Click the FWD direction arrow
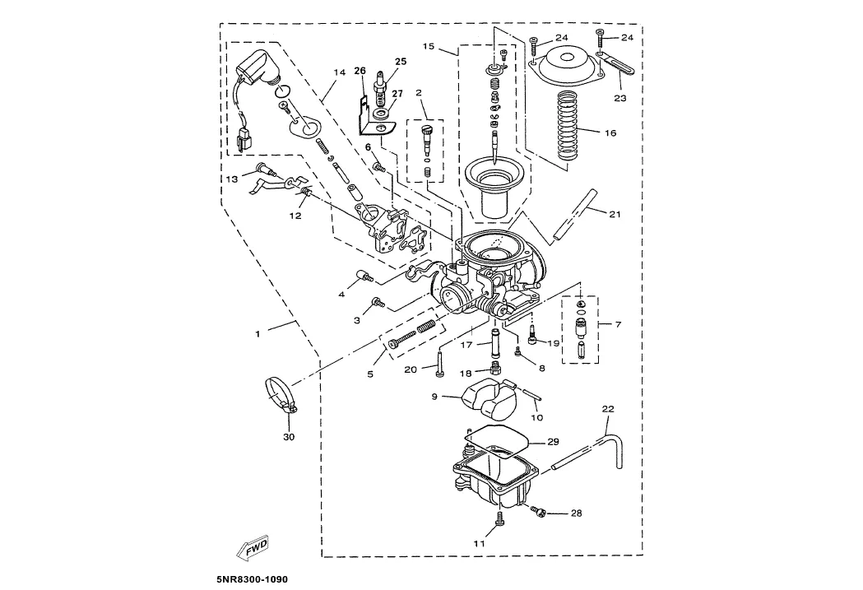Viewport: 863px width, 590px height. pyautogui.click(x=252, y=547)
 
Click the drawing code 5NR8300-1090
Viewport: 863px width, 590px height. pyautogui.click(x=252, y=579)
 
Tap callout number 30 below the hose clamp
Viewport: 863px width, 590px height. pyautogui.click(x=289, y=437)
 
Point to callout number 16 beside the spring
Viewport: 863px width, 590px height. pyautogui.click(x=610, y=132)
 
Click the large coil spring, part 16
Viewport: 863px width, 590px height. pyautogui.click(x=569, y=125)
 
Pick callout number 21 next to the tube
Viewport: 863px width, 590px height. pyautogui.click(x=615, y=214)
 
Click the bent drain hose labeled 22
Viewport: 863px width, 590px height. pyautogui.click(x=590, y=451)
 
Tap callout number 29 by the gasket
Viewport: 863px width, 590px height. pyautogui.click(x=553, y=442)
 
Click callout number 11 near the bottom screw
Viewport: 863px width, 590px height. pyautogui.click(x=480, y=543)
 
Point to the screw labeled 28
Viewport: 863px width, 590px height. pyautogui.click(x=537, y=512)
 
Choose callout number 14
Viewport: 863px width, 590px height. pyautogui.click(x=339, y=72)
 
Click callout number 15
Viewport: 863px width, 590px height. pyautogui.click(x=429, y=46)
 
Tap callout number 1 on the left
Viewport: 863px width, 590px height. pyautogui.click(x=257, y=333)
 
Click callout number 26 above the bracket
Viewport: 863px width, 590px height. pyautogui.click(x=360, y=71)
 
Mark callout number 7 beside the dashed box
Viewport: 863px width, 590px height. pyautogui.click(x=618, y=324)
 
